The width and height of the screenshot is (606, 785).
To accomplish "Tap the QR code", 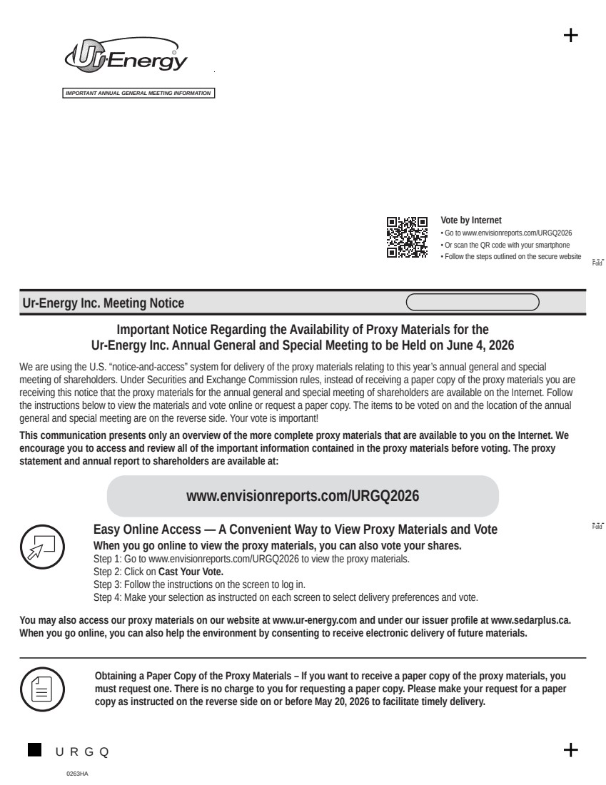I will pyautogui.click(x=407, y=236).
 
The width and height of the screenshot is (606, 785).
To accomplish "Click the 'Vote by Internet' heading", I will pyautogui.click(x=471, y=221).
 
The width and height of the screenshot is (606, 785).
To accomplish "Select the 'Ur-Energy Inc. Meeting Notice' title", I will pyautogui.click(x=103, y=303).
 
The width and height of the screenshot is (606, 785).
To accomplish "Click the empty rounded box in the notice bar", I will pyautogui.click(x=473, y=303).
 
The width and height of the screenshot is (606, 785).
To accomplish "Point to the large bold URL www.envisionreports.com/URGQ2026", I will pyautogui.click(x=303, y=496).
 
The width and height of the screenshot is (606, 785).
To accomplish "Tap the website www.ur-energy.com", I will pyautogui.click(x=314, y=621).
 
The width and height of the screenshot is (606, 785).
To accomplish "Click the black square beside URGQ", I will pyautogui.click(x=34, y=749).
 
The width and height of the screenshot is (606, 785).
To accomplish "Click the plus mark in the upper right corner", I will pyautogui.click(x=571, y=36).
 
